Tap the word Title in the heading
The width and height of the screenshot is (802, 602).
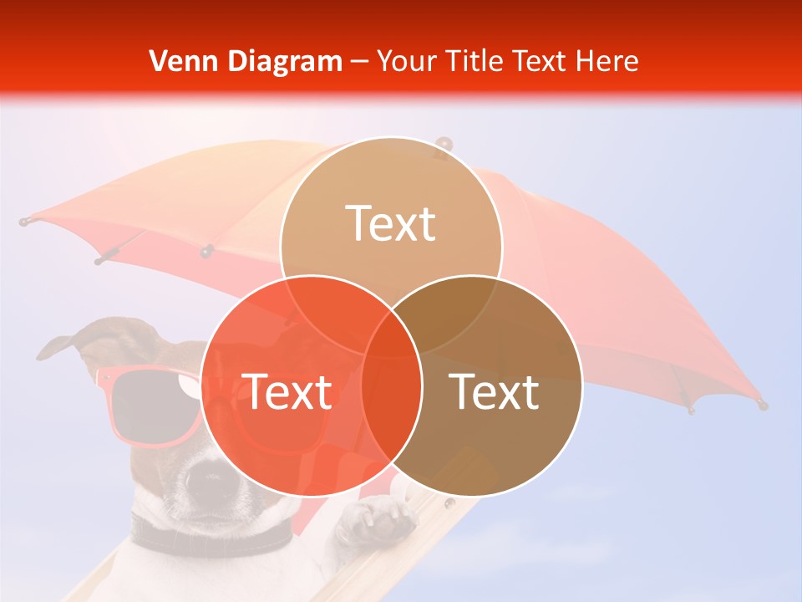pyautogui.click(x=474, y=61)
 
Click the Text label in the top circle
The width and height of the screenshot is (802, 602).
pyautogui.click(x=391, y=223)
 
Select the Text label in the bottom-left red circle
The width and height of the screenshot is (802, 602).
pyautogui.click(x=287, y=391)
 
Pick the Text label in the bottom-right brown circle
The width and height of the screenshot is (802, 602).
pyautogui.click(x=495, y=391)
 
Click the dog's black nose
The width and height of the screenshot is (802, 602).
pyautogui.click(x=206, y=477)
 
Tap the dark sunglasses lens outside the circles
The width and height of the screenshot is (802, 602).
pyautogui.click(x=146, y=401)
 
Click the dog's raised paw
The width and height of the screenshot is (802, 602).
pyautogui.click(x=376, y=518)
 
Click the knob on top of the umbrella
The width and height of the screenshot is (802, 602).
pyautogui.click(x=443, y=145)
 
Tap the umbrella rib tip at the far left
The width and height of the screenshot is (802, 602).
pyautogui.click(x=24, y=222)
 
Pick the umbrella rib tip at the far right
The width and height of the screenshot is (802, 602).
pyautogui.click(x=762, y=405)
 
